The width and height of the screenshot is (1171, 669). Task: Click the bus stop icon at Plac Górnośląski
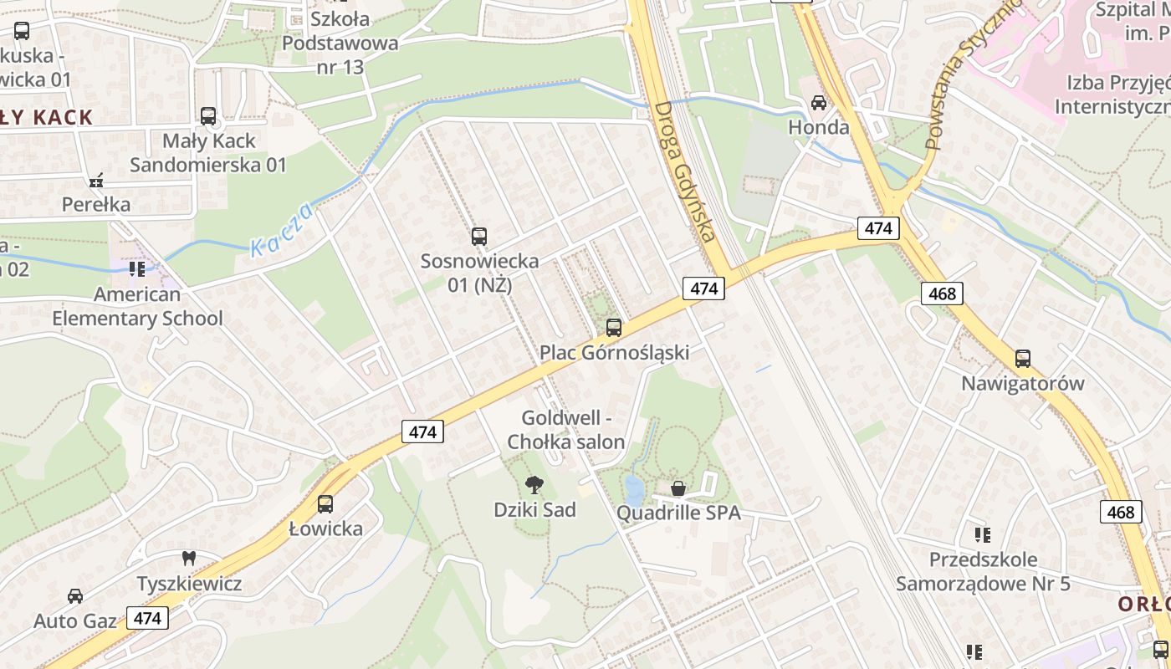click(x=614, y=328)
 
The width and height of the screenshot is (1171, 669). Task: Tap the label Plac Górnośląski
click(x=614, y=353)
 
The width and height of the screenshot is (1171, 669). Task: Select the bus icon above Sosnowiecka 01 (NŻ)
click(x=478, y=237)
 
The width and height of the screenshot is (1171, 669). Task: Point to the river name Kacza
click(x=282, y=230)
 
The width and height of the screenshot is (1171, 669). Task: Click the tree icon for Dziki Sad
click(x=534, y=484)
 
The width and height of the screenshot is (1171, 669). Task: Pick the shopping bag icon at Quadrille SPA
click(x=678, y=488)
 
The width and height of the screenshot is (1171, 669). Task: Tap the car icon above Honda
click(x=819, y=103)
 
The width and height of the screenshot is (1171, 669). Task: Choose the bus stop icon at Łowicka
click(x=325, y=504)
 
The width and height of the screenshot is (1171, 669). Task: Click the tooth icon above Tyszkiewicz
click(x=189, y=558)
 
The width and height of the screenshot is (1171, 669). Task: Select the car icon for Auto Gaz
click(x=75, y=596)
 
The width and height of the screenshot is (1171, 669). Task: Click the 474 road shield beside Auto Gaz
click(x=147, y=618)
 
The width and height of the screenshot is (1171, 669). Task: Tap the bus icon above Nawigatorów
click(x=1022, y=359)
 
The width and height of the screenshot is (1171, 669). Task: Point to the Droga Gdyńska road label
click(x=687, y=171)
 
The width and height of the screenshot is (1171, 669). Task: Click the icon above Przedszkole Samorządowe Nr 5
click(x=983, y=534)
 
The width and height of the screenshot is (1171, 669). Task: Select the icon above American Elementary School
click(x=137, y=269)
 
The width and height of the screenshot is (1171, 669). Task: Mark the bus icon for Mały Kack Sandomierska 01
click(x=208, y=116)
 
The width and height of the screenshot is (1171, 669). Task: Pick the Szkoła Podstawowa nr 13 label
click(x=340, y=42)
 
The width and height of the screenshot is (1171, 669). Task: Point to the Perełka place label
click(x=96, y=204)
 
